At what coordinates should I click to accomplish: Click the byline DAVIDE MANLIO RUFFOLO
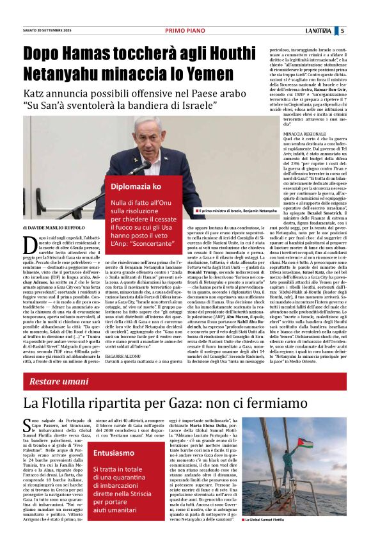51,227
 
